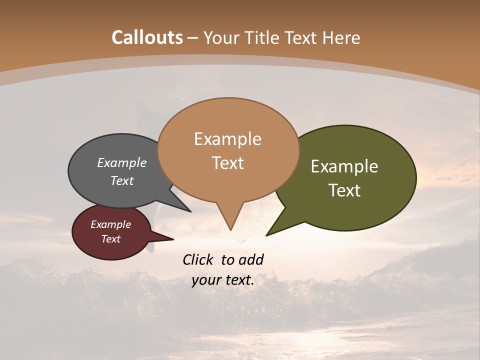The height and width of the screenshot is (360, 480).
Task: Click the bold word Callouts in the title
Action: click(x=147, y=37)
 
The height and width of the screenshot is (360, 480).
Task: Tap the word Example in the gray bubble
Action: click(x=122, y=162)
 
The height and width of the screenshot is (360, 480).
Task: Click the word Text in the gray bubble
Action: click(x=122, y=180)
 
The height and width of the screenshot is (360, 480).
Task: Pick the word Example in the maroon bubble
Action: click(x=110, y=224)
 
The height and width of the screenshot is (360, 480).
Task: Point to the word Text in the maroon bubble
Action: click(x=110, y=239)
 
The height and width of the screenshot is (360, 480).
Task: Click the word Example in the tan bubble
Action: click(x=227, y=139)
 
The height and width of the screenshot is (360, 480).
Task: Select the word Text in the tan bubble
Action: click(x=227, y=163)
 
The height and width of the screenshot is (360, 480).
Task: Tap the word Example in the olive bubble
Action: click(x=344, y=166)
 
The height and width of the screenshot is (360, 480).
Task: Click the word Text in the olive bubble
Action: click(x=344, y=190)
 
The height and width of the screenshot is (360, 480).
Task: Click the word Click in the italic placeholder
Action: click(x=198, y=259)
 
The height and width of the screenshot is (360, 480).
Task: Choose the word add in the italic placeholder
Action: click(x=251, y=259)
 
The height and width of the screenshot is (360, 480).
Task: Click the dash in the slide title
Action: click(x=193, y=38)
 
